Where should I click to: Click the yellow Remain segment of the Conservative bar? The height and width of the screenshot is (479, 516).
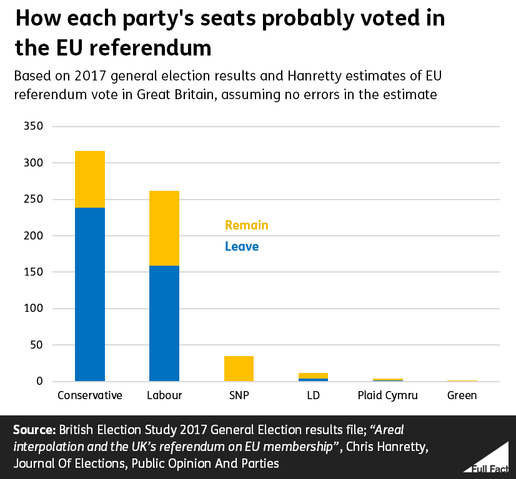(x=89, y=179)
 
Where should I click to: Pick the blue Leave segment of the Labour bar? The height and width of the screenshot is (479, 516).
(x=164, y=323)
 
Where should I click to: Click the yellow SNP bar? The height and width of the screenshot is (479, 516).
(x=239, y=369)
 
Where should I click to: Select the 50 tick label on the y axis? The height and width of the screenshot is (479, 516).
(x=37, y=345)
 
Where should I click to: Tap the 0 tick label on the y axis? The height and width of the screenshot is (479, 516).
(x=39, y=381)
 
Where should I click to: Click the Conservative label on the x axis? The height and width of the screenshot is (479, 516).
(x=89, y=395)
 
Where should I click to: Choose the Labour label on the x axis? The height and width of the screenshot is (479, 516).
(x=164, y=395)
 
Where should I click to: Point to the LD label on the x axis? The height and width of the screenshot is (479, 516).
(x=313, y=395)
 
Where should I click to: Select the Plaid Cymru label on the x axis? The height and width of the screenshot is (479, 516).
(x=387, y=395)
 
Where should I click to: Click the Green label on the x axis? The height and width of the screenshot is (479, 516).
(x=462, y=395)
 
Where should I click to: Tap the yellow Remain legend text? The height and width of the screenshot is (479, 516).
(x=246, y=225)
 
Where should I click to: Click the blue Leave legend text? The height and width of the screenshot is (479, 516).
(x=241, y=246)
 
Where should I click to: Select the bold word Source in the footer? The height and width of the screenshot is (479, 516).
(x=32, y=431)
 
